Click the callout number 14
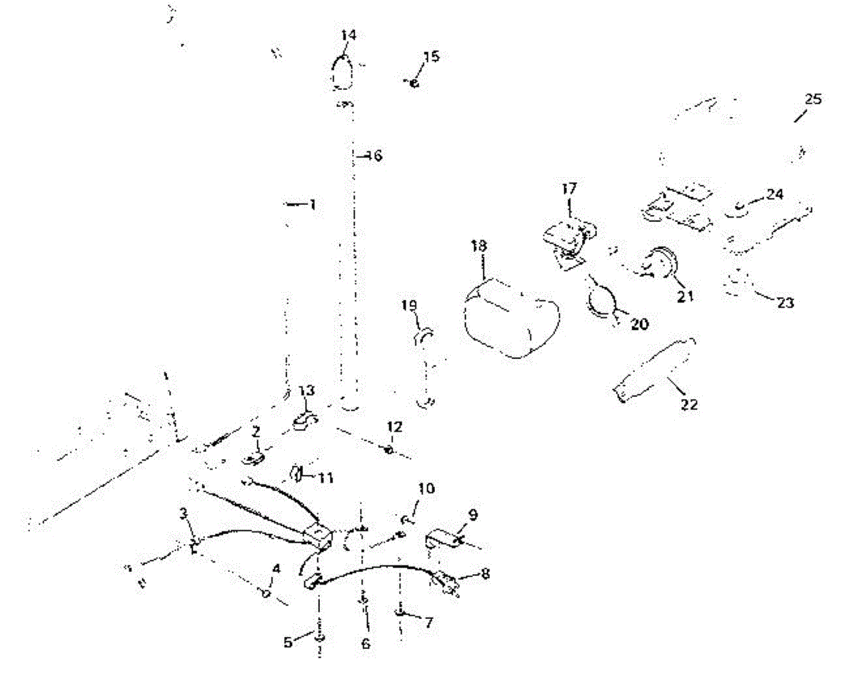coord(349,35)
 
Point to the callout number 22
coord(689,405)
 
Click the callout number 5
coord(289,642)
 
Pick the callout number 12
coord(394,427)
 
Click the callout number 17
coord(569,189)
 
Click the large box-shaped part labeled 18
coord(508,318)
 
